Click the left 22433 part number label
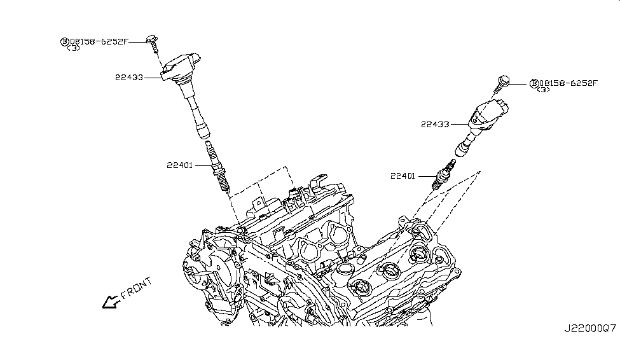point(128,78)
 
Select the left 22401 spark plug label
point(181,165)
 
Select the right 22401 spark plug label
point(404,176)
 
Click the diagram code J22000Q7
point(589,329)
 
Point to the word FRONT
point(135,288)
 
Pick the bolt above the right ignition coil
point(503,83)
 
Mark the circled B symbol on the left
point(64,42)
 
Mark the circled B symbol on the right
point(535,83)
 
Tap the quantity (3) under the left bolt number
point(73,48)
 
